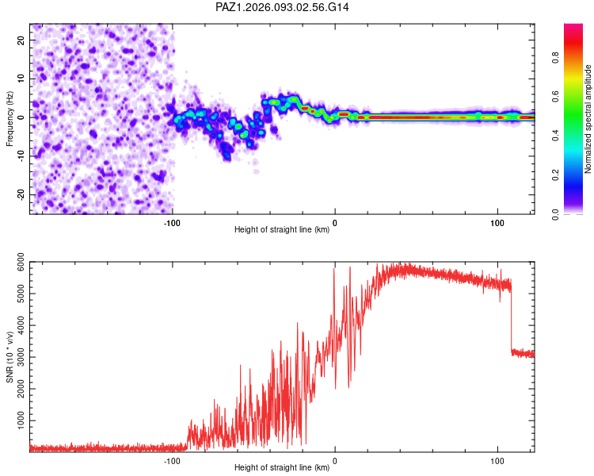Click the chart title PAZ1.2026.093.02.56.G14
283,7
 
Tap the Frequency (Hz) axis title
10,117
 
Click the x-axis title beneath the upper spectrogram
282,229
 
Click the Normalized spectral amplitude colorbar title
589,119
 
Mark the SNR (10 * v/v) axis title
10,357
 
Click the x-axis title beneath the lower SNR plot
282,467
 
